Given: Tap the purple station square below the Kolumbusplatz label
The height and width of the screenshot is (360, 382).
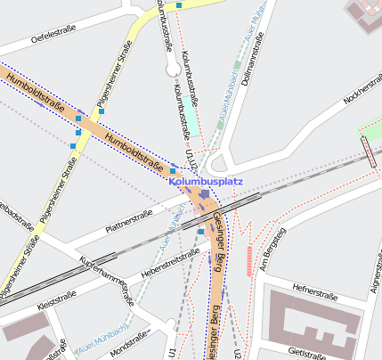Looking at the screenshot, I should pos(205,193).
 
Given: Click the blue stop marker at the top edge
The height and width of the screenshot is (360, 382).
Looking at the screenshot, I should pos(180,5).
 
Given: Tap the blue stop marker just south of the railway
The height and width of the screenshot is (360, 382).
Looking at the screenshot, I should pos(201,232).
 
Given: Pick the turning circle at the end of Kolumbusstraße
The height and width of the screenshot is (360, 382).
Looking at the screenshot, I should pos(173,68).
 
